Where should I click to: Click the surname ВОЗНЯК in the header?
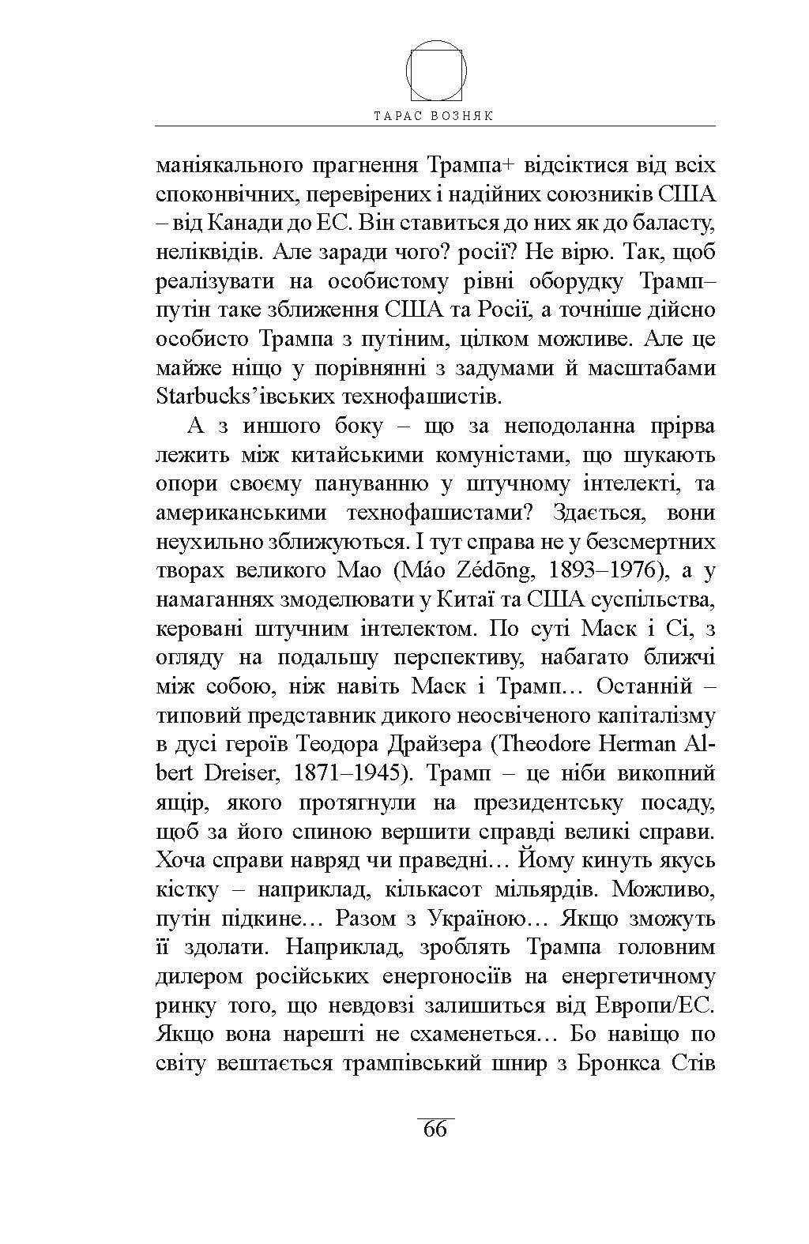[x=463, y=115]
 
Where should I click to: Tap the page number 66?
[x=435, y=1129]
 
